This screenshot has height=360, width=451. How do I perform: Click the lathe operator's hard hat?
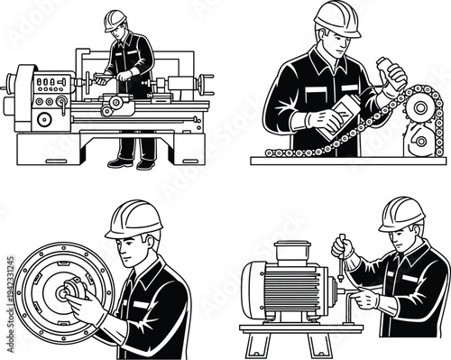tap(115, 19)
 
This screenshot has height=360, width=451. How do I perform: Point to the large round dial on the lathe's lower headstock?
tap(43, 118)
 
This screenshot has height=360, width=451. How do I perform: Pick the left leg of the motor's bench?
tap(254, 342)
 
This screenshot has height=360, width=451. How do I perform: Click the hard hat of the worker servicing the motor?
tap(401, 214)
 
